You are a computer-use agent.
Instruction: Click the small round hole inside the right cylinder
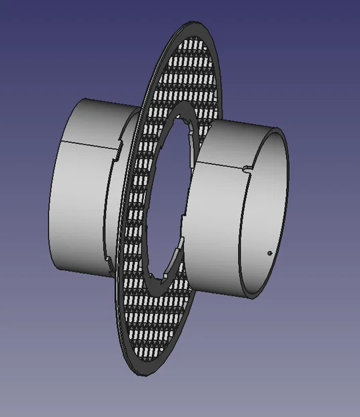[x=268, y=253]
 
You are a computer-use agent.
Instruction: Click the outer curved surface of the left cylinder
[x=77, y=200]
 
